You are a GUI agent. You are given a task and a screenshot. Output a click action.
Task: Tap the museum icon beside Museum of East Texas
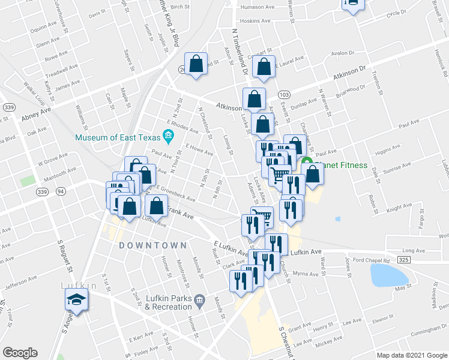tap(169, 137)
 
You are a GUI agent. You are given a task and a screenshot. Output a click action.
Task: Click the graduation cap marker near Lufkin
tap(77, 299)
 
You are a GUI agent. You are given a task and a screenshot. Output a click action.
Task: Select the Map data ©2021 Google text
tap(412, 355)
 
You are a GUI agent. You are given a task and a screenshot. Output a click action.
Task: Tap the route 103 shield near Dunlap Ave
tap(284, 95)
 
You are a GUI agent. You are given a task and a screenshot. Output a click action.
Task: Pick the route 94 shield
tap(60, 191)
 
